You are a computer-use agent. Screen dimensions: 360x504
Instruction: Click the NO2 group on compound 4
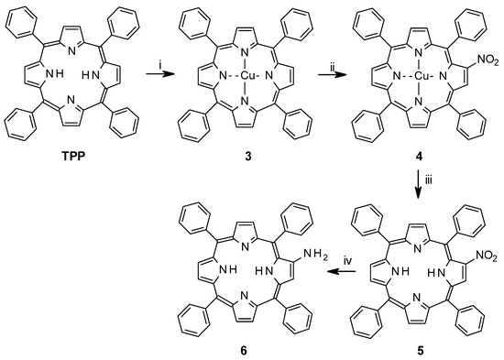click(x=483, y=62)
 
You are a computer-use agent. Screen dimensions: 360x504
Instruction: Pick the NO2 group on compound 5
click(x=483, y=242)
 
